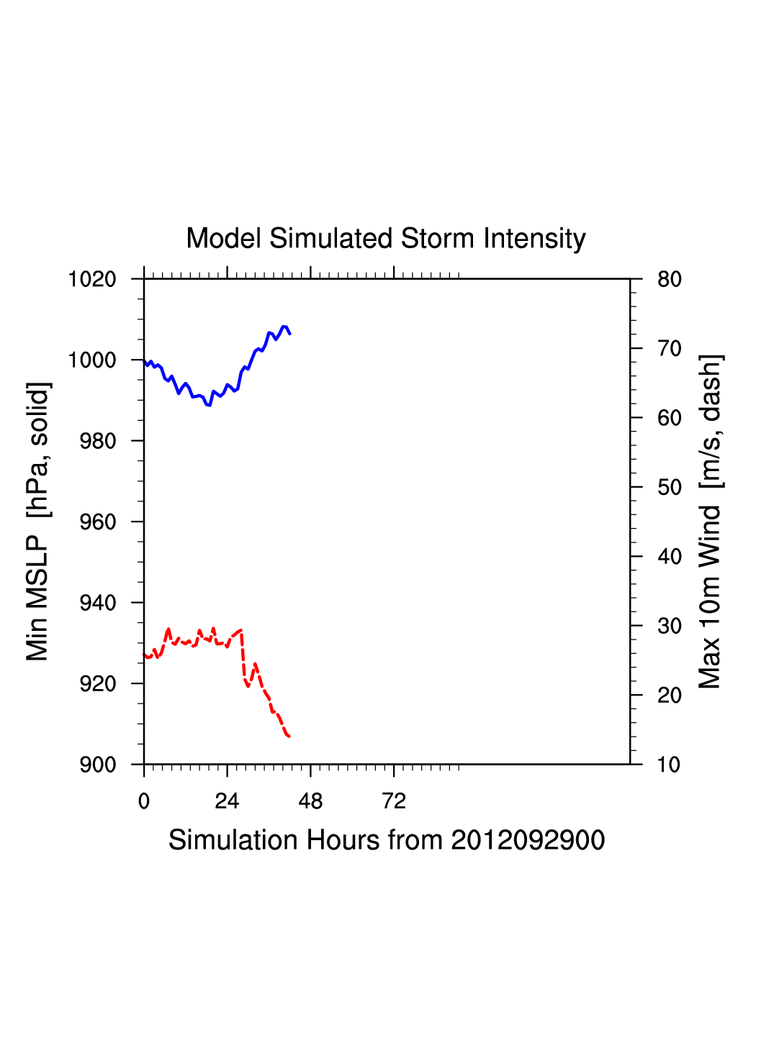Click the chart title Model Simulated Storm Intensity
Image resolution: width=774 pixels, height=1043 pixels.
(386, 239)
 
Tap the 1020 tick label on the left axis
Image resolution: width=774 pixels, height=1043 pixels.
(92, 279)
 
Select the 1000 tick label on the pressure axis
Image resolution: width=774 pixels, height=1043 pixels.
(92, 360)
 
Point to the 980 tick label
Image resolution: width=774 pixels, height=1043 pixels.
(98, 441)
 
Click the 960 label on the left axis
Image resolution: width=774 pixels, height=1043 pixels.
(98, 522)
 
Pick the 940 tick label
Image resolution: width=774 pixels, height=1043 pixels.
(98, 603)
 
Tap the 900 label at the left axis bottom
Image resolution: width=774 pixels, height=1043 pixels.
(98, 765)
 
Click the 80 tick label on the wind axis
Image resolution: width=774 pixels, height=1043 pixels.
(670, 279)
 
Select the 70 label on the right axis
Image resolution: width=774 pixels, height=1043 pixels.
(670, 349)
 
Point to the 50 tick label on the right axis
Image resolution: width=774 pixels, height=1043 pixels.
(670, 488)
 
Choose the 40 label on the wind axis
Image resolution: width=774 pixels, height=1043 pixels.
(670, 557)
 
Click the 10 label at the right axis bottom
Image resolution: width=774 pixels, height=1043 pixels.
(669, 765)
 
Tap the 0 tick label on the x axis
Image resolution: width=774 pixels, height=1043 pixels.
(144, 801)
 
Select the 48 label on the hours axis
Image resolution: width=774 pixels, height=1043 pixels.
(310, 801)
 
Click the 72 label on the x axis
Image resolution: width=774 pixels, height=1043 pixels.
(394, 801)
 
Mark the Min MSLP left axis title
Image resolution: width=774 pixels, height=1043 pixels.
(37, 521)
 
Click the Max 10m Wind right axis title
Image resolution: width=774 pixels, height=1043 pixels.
(710, 521)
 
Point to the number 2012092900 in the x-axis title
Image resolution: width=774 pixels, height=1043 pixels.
(528, 840)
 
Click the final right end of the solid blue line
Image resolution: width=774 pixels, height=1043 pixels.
(289, 334)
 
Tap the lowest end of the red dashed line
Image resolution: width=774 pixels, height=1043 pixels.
(289, 737)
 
